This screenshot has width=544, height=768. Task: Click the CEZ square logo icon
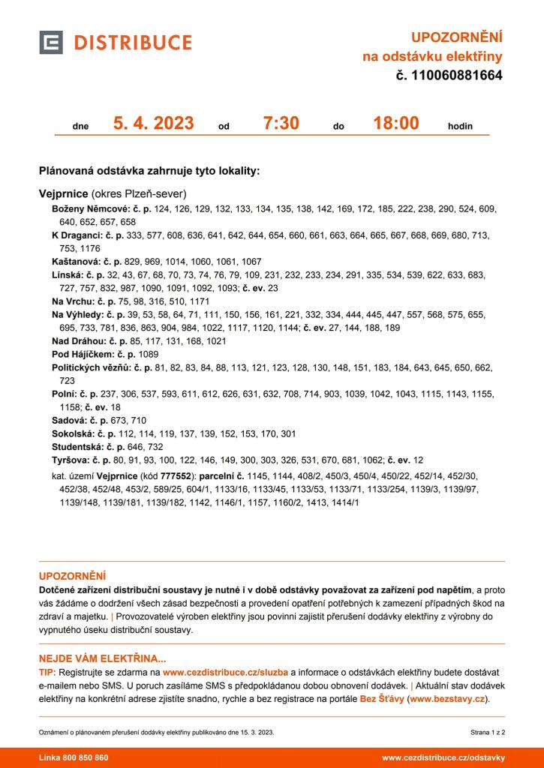coord(51,42)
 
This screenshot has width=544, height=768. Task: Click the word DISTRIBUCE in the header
coord(132,43)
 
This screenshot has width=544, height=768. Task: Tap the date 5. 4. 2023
coord(153,124)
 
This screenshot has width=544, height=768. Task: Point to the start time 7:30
coord(281,124)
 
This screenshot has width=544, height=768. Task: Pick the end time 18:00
coord(396,124)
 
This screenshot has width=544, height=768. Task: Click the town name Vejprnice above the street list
coord(64,193)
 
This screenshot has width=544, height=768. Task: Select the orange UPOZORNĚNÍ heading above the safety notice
coord(72,577)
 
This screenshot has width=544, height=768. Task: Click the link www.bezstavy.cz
coord(448,699)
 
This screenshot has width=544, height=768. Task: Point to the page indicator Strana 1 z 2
coord(488,731)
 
